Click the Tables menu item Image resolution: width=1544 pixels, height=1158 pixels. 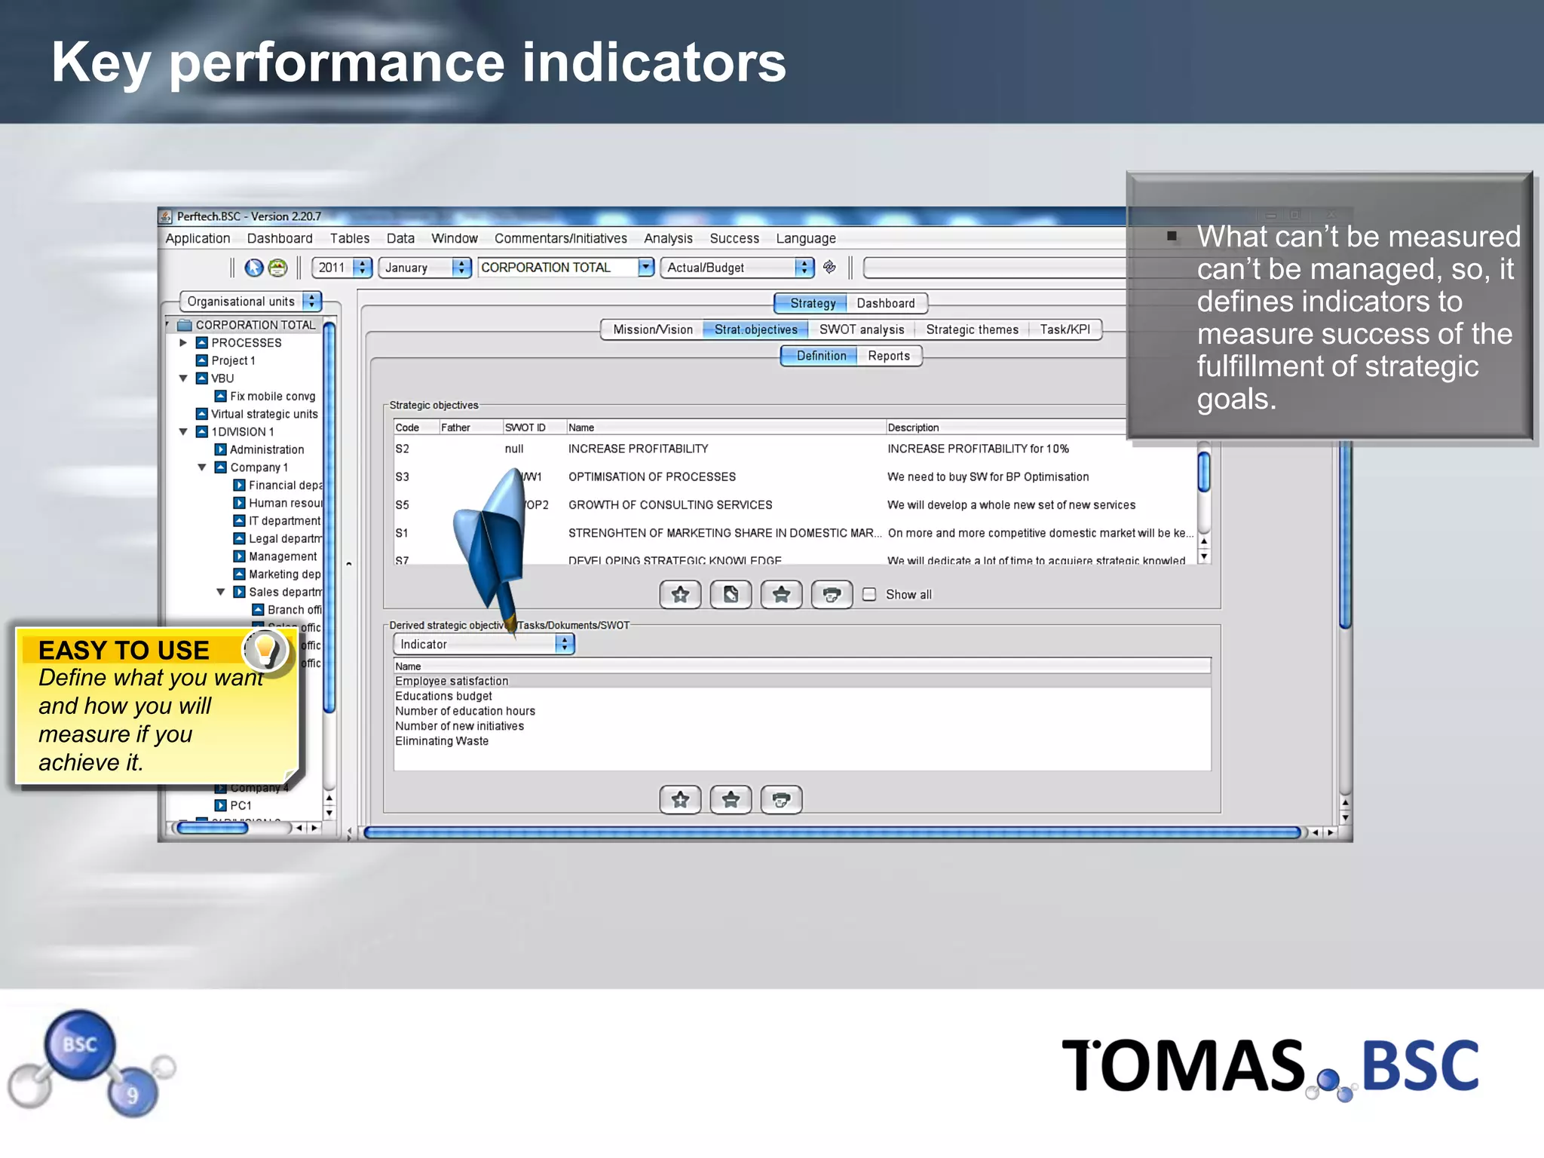350,238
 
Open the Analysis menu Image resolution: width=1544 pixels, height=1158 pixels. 668,238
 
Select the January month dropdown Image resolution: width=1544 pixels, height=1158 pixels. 424,268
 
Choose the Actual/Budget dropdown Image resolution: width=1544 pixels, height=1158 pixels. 737,268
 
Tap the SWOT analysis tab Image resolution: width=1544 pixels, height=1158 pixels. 861,329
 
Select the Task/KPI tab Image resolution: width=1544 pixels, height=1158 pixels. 1065,329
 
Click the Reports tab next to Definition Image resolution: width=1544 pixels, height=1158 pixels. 888,356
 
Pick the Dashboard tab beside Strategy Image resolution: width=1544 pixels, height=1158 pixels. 885,303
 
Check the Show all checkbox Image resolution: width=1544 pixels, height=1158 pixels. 869,595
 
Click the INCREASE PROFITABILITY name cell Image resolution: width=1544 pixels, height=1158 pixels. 638,449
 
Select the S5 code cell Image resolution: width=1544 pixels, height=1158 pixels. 403,505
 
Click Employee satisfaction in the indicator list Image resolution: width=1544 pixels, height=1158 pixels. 452,681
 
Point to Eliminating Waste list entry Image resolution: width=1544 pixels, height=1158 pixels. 442,741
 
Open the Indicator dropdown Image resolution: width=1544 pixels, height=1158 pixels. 483,644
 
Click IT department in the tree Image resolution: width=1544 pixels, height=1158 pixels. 284,521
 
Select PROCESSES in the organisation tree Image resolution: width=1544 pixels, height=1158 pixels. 246,343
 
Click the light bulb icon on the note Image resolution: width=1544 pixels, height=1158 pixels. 265,650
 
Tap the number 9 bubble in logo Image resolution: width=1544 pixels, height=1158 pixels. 133,1094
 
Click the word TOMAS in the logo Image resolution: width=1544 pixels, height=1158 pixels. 1182,1066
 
